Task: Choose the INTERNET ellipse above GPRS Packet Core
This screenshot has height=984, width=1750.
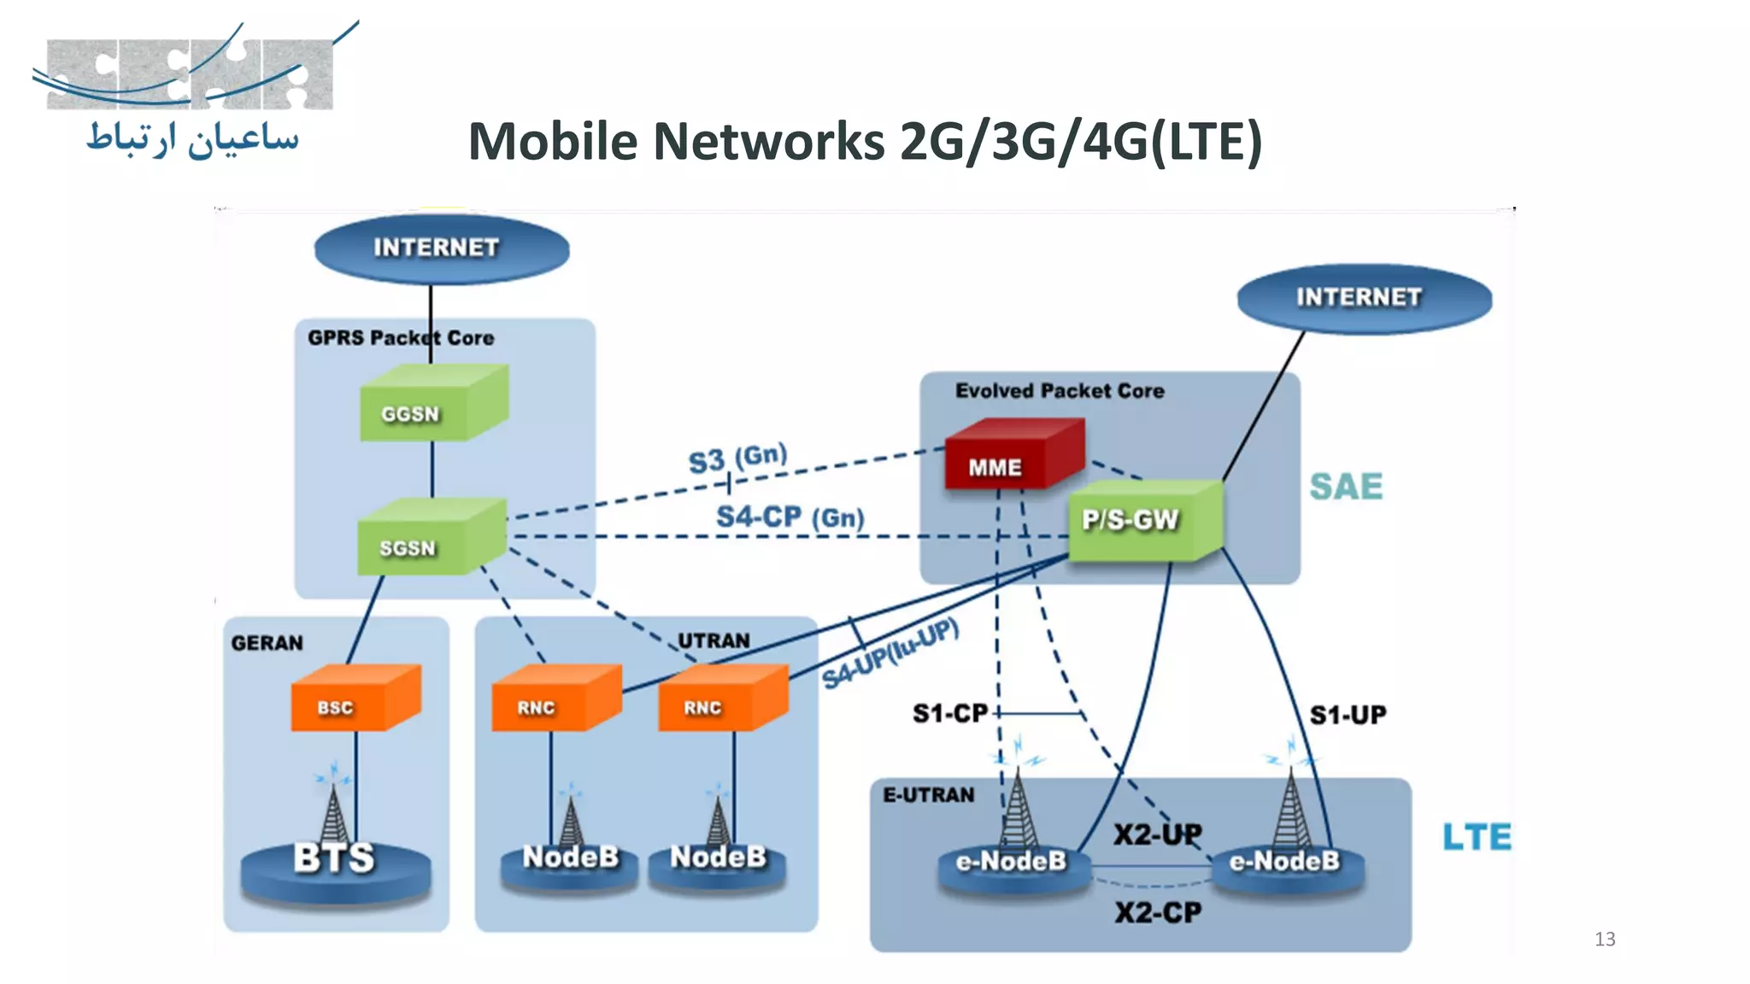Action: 441,249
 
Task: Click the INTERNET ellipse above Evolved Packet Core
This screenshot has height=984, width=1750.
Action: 1364,298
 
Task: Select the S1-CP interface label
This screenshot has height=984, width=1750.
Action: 948,713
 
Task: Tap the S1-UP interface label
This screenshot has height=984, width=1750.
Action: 1348,715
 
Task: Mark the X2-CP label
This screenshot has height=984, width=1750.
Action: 1158,913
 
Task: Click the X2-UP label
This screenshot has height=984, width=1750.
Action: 1157,834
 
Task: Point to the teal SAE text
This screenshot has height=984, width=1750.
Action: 1346,486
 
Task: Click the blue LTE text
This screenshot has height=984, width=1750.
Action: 1476,837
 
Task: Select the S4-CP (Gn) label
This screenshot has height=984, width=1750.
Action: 790,517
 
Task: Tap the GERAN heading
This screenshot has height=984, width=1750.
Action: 267,643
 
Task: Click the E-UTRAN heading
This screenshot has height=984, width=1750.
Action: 928,795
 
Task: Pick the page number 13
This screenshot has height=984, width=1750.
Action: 1604,940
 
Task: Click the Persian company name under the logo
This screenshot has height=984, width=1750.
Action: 193,139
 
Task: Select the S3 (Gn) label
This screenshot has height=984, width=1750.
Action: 737,459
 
